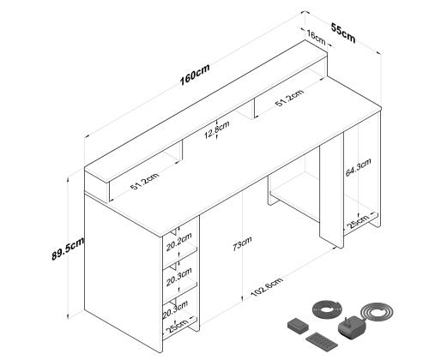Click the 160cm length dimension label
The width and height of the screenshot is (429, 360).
195,75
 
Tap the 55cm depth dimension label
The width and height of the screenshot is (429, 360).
343,33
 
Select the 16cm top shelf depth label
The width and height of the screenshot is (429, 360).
317,38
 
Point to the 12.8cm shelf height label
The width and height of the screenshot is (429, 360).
217,129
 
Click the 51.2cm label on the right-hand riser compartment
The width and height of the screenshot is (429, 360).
289,98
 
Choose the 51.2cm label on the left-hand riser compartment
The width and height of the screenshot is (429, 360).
144,181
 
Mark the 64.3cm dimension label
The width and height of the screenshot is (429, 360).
359,167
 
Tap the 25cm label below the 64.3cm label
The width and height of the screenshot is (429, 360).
358,221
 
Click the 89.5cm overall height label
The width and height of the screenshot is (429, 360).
68,249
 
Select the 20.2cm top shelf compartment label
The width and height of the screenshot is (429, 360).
179,242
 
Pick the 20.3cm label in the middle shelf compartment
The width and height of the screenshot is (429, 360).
178,277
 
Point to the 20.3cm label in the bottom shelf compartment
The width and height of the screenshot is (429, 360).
175,309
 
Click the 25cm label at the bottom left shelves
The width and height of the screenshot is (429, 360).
178,326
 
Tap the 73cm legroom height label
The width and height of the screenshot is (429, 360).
242,243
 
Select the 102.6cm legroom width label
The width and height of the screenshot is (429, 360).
267,286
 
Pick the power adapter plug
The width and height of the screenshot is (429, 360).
352,328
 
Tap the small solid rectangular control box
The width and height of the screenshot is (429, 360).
298,326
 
